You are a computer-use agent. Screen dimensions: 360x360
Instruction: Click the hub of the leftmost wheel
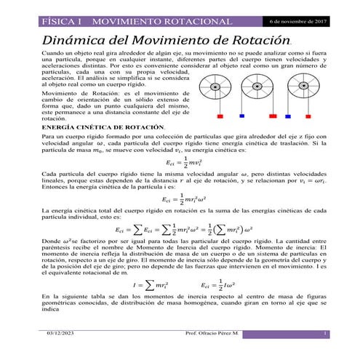[216, 88]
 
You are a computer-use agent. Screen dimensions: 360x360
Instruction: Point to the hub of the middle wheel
[257, 88]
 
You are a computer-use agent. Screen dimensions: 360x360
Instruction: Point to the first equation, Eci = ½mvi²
[181, 183]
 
